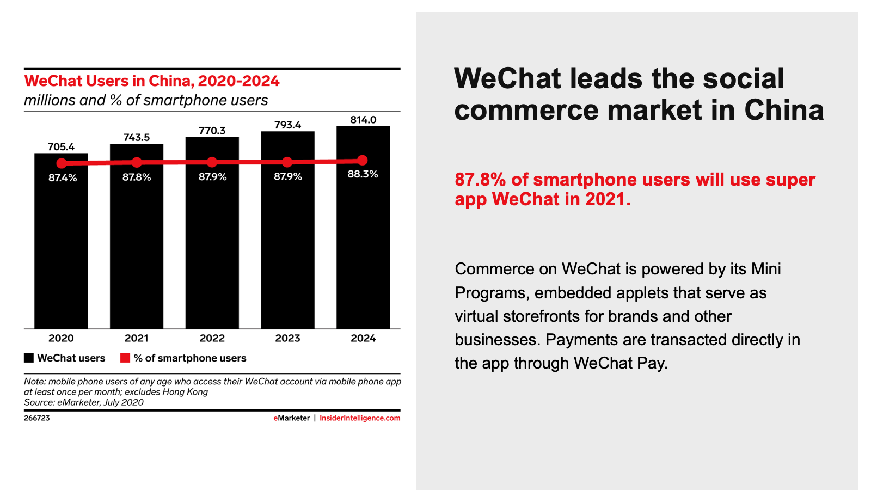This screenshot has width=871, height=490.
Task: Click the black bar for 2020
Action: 61,250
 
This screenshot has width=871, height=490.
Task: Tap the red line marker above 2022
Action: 212,162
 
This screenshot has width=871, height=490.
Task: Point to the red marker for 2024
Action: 363,160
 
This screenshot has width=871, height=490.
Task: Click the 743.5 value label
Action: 136,137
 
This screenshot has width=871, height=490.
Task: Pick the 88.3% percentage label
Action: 363,174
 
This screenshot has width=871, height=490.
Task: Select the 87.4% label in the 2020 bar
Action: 63,177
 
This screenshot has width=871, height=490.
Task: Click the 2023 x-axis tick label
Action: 287,338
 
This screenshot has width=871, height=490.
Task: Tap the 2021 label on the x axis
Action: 136,338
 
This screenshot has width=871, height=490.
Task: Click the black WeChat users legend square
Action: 29,358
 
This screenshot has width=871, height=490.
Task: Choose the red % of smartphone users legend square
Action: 125,358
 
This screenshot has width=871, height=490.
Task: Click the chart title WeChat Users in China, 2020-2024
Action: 152,81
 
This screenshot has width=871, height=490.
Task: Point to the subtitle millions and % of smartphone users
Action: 146,100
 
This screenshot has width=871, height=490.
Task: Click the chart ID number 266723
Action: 36,418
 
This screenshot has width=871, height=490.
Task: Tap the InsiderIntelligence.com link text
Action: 360,418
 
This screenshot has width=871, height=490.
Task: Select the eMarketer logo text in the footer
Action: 291,418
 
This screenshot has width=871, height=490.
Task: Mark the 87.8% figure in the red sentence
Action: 480,180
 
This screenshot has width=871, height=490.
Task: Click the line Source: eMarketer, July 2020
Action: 84,402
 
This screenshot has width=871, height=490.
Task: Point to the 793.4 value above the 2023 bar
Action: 287,125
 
